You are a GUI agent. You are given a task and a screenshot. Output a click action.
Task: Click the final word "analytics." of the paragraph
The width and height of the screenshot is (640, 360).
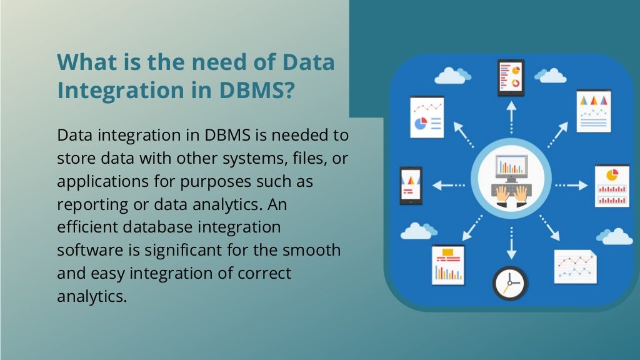tap(92, 296)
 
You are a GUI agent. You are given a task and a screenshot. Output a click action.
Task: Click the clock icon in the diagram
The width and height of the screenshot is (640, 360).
tap(509, 282)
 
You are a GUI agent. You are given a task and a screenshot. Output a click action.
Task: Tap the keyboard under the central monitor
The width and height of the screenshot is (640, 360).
tap(511, 189)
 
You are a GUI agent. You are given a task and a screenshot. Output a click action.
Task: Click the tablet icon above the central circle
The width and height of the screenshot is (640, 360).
tap(511, 77)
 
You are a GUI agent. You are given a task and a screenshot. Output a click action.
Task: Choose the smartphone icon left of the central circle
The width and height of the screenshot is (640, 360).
tap(411, 186)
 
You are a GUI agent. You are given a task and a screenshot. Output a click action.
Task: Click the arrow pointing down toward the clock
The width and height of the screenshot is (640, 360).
tap(511, 243)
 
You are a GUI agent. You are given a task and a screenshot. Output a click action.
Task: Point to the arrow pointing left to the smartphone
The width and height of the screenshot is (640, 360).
tap(447, 185)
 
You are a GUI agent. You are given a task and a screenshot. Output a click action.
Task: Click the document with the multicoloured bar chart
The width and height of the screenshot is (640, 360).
tap(447, 264)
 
